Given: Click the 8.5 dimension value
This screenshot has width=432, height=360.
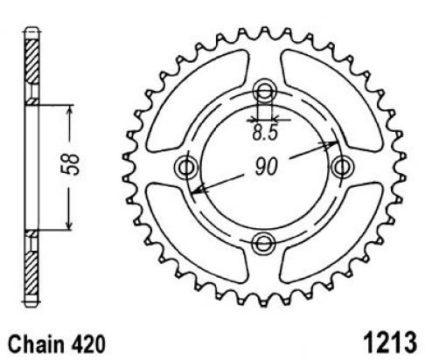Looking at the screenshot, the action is [264, 134].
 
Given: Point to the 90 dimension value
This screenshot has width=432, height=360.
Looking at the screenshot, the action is [266, 167].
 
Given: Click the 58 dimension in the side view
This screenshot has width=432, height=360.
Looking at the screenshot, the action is [72, 164].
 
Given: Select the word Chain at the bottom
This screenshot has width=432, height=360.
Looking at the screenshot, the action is [36, 344].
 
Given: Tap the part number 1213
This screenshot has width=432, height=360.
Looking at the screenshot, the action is [390, 342].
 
